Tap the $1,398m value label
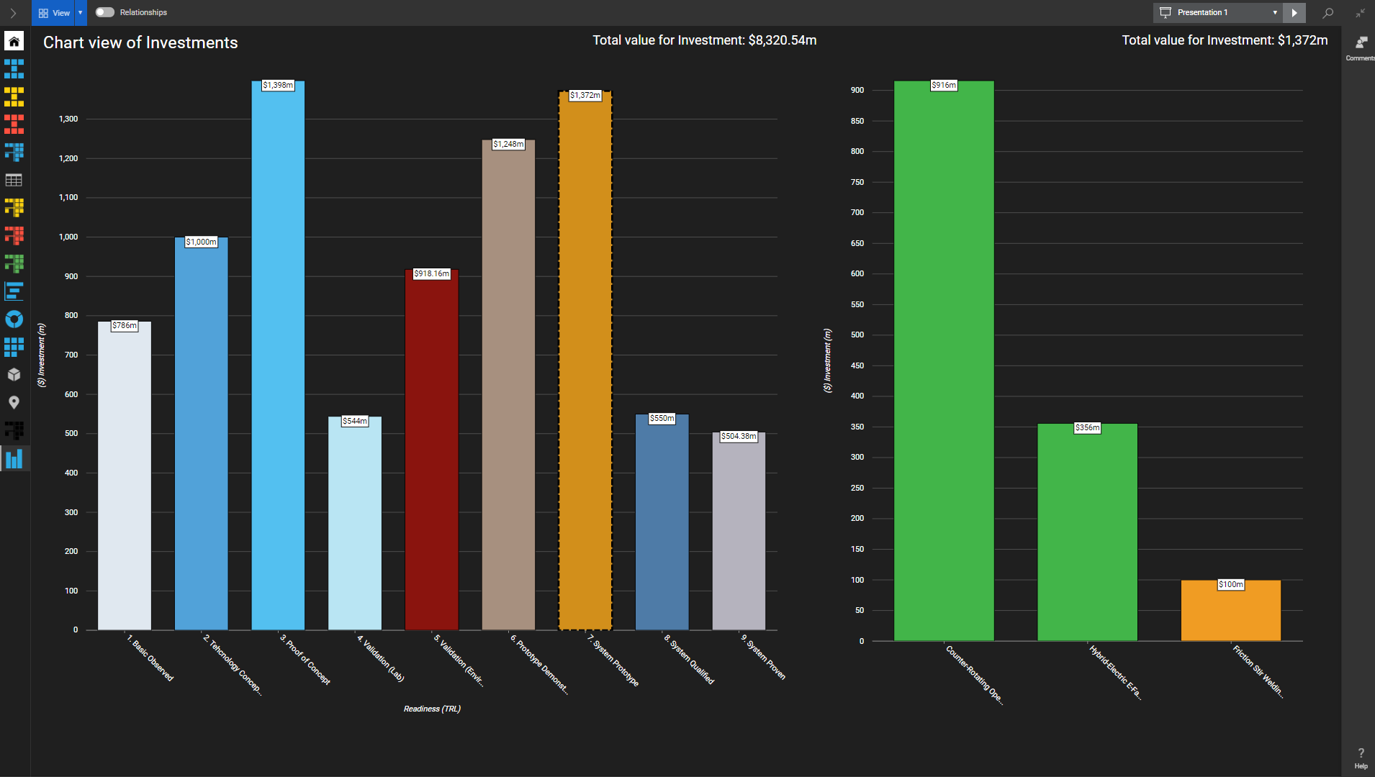(x=278, y=86)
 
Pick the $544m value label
(x=355, y=422)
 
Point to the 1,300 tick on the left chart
(x=68, y=119)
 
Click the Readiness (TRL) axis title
(x=432, y=709)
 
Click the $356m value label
(x=1087, y=428)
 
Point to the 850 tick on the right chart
(x=857, y=122)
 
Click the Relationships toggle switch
(x=105, y=12)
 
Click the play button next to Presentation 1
(x=1294, y=12)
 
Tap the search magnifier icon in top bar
(x=1328, y=12)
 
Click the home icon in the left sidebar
(x=14, y=41)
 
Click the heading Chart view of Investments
(x=140, y=43)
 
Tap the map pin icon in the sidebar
(x=14, y=403)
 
